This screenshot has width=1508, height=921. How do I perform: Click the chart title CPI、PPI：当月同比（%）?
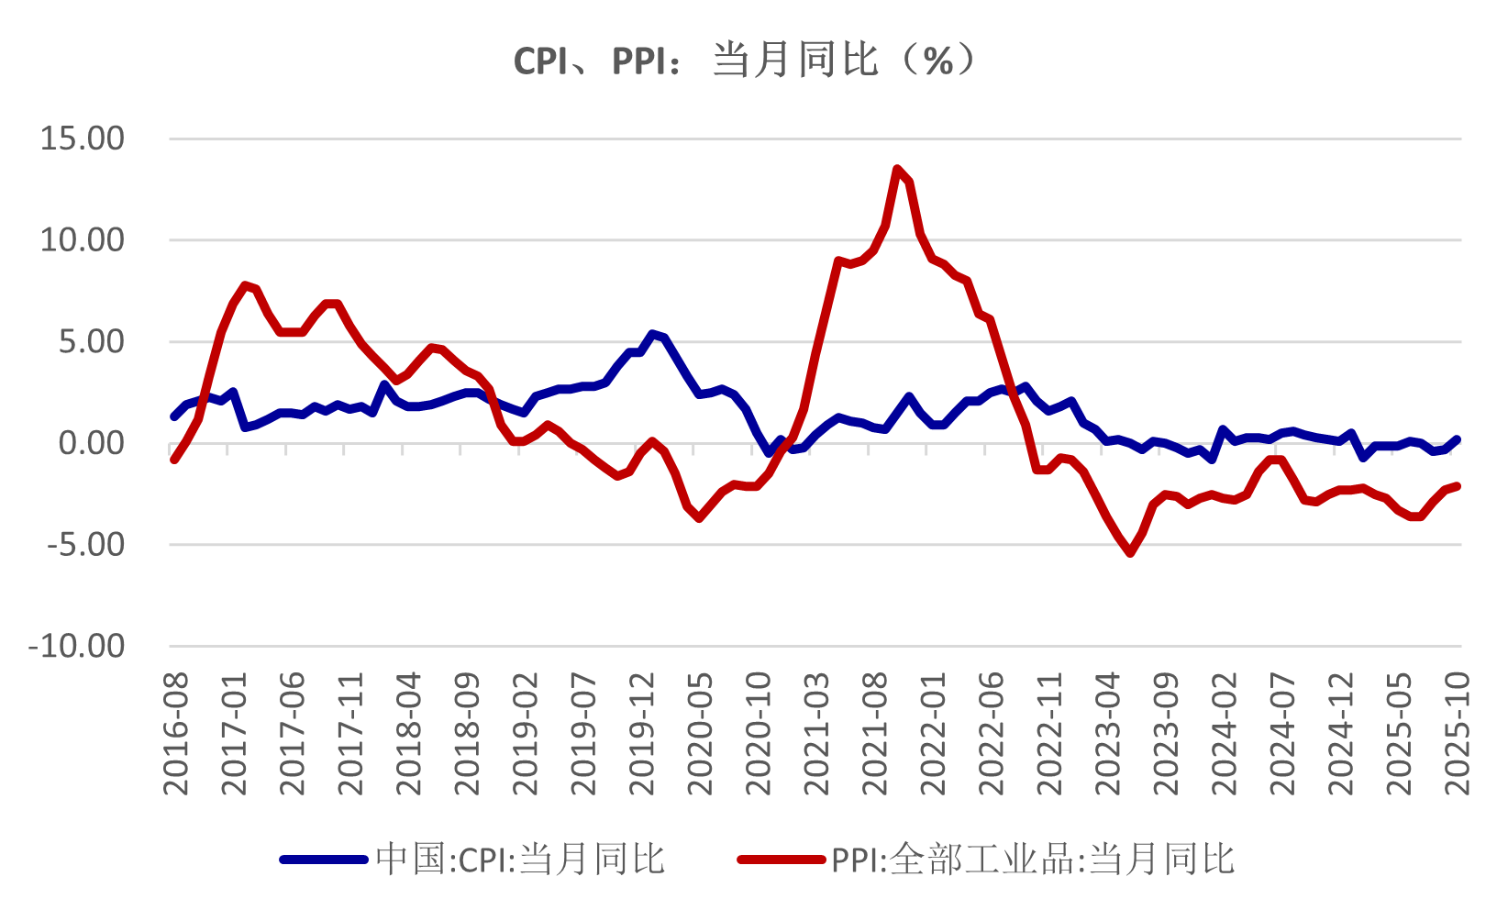tap(745, 61)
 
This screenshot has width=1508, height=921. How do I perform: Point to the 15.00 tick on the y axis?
tap(82, 139)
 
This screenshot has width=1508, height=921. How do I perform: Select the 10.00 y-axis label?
tap(82, 240)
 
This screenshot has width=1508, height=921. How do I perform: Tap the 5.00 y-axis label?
tap(91, 342)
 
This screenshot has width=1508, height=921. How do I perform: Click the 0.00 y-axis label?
tap(91, 444)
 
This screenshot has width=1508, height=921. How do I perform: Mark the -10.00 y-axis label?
tap(77, 647)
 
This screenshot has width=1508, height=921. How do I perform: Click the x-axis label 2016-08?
tap(175, 733)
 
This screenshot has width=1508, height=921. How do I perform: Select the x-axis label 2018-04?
tap(408, 733)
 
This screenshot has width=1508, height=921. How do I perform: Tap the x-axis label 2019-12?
tap(641, 733)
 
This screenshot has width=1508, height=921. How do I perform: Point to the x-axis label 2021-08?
tap(874, 733)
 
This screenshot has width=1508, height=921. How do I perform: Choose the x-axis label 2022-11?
tap(1048, 733)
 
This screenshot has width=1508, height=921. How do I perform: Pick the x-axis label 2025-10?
tap(1457, 733)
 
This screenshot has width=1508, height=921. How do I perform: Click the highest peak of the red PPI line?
tap(897, 169)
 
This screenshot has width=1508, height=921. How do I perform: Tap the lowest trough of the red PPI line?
tap(1130, 553)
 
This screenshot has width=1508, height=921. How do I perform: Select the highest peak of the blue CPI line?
tap(652, 334)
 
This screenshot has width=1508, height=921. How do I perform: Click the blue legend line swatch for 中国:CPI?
tap(323, 860)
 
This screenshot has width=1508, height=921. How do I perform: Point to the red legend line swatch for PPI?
tap(781, 860)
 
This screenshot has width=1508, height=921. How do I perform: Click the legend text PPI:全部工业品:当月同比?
tap(1033, 860)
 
